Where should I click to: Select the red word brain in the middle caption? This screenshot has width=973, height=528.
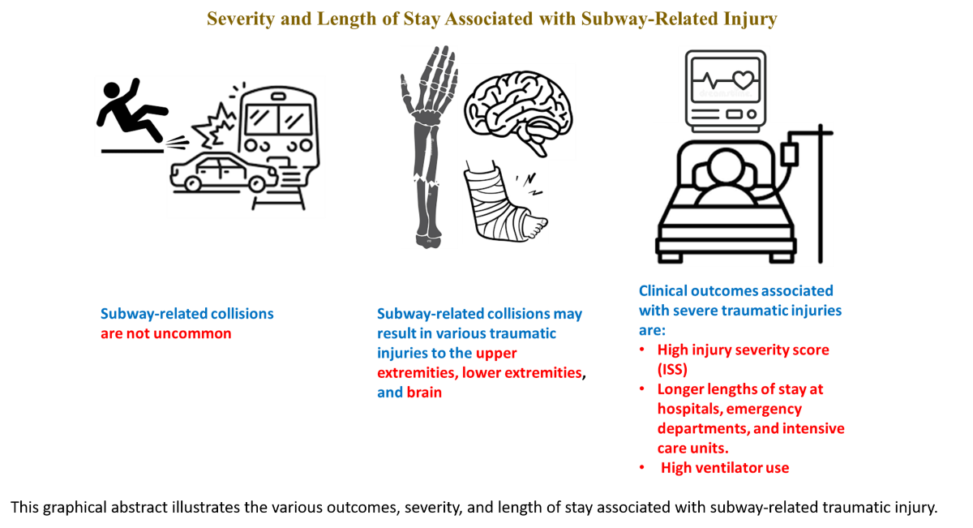pos(424,393)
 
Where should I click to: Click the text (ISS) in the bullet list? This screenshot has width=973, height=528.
pos(672,369)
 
